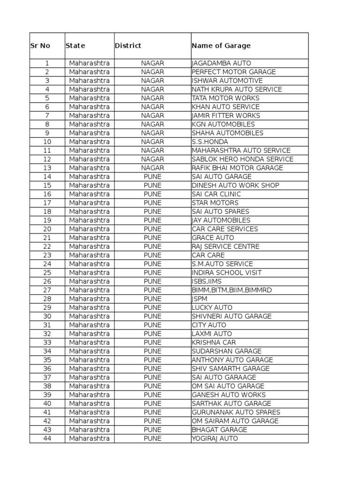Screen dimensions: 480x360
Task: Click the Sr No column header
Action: [40, 46]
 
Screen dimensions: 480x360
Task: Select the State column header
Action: [75, 46]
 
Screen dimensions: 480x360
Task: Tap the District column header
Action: [128, 46]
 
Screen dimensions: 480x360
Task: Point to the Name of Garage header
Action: [221, 46]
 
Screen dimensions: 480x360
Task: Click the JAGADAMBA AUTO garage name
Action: [221, 63]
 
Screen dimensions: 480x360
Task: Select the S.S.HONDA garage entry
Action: [210, 142]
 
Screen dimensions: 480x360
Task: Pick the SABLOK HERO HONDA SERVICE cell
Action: [242, 159]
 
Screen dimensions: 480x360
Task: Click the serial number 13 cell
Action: [47, 168]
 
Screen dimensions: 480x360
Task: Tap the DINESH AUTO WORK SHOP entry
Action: [235, 186]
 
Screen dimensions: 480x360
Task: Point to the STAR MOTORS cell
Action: [215, 203]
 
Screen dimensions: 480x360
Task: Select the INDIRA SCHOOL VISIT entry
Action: [226, 273]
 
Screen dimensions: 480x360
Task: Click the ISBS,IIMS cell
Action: [207, 282]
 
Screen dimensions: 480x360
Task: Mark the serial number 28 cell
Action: [47, 299]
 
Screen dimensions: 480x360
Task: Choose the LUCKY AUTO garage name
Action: [212, 308]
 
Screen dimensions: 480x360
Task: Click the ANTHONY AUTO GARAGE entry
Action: [232, 360]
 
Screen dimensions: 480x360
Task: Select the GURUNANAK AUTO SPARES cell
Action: [236, 412]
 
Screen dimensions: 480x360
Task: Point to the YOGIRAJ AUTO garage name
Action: [215, 439]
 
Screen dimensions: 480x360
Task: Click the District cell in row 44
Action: [152, 439]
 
